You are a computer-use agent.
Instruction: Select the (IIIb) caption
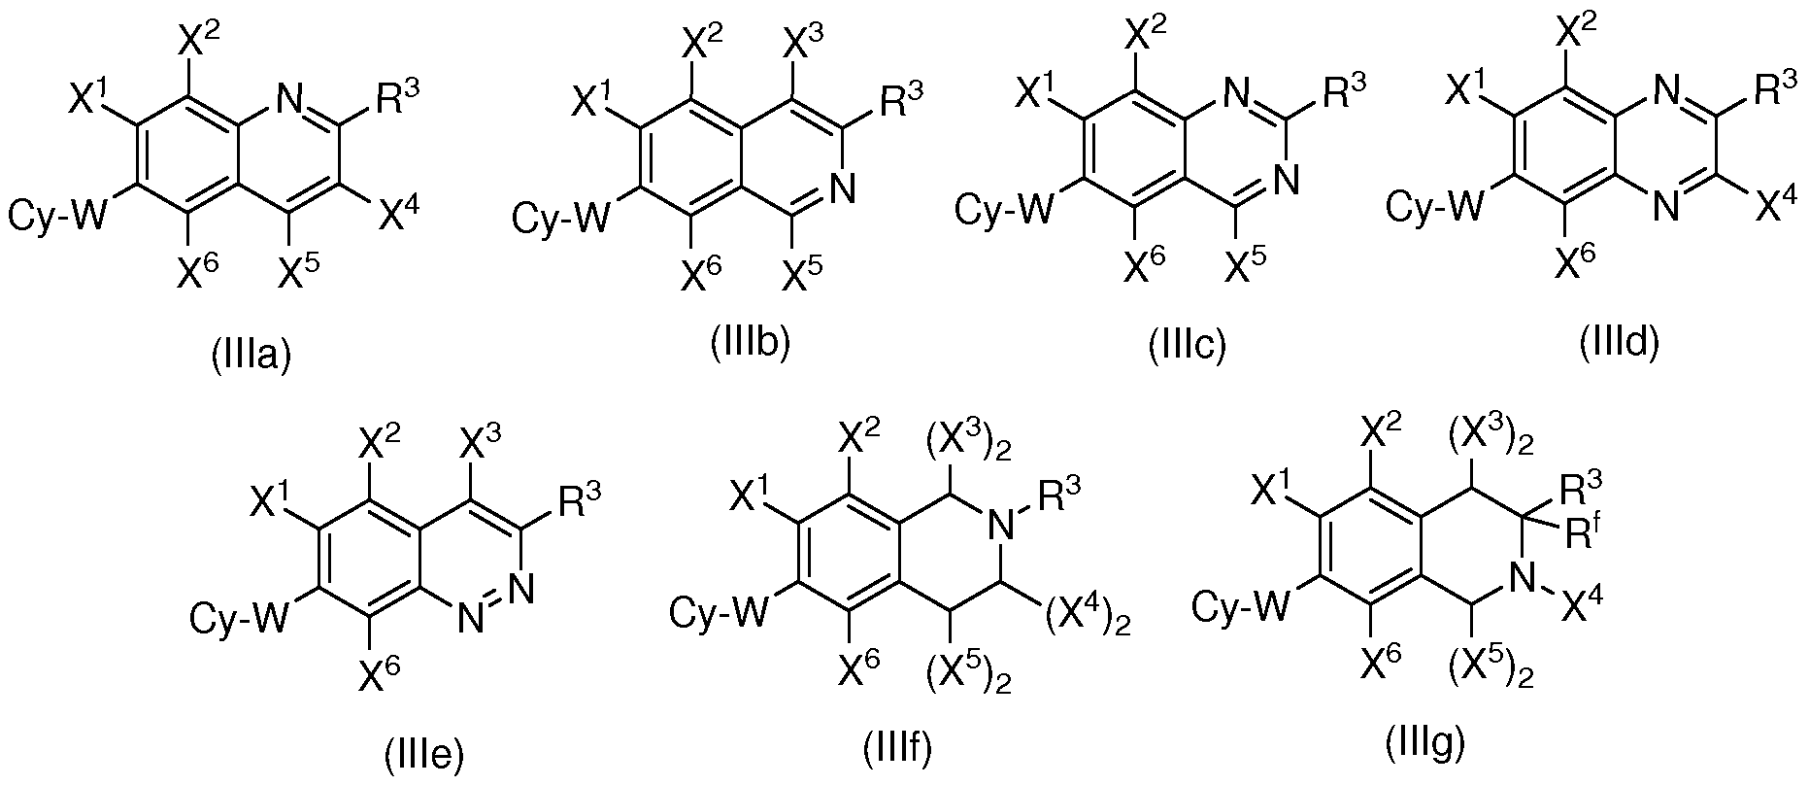tap(750, 343)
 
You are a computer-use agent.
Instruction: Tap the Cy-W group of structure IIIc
tap(1001, 208)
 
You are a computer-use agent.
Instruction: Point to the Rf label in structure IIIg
tap(1591, 533)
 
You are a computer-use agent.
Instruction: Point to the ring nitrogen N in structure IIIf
tap(1002, 527)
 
